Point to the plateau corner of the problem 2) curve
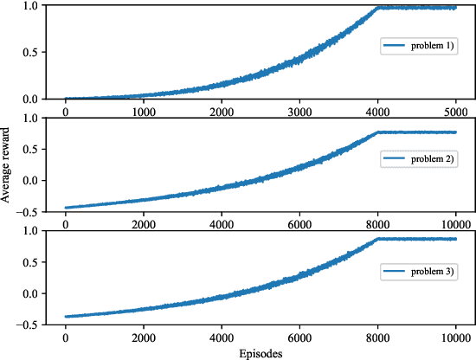tap(378, 132)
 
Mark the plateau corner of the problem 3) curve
tap(378, 238)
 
